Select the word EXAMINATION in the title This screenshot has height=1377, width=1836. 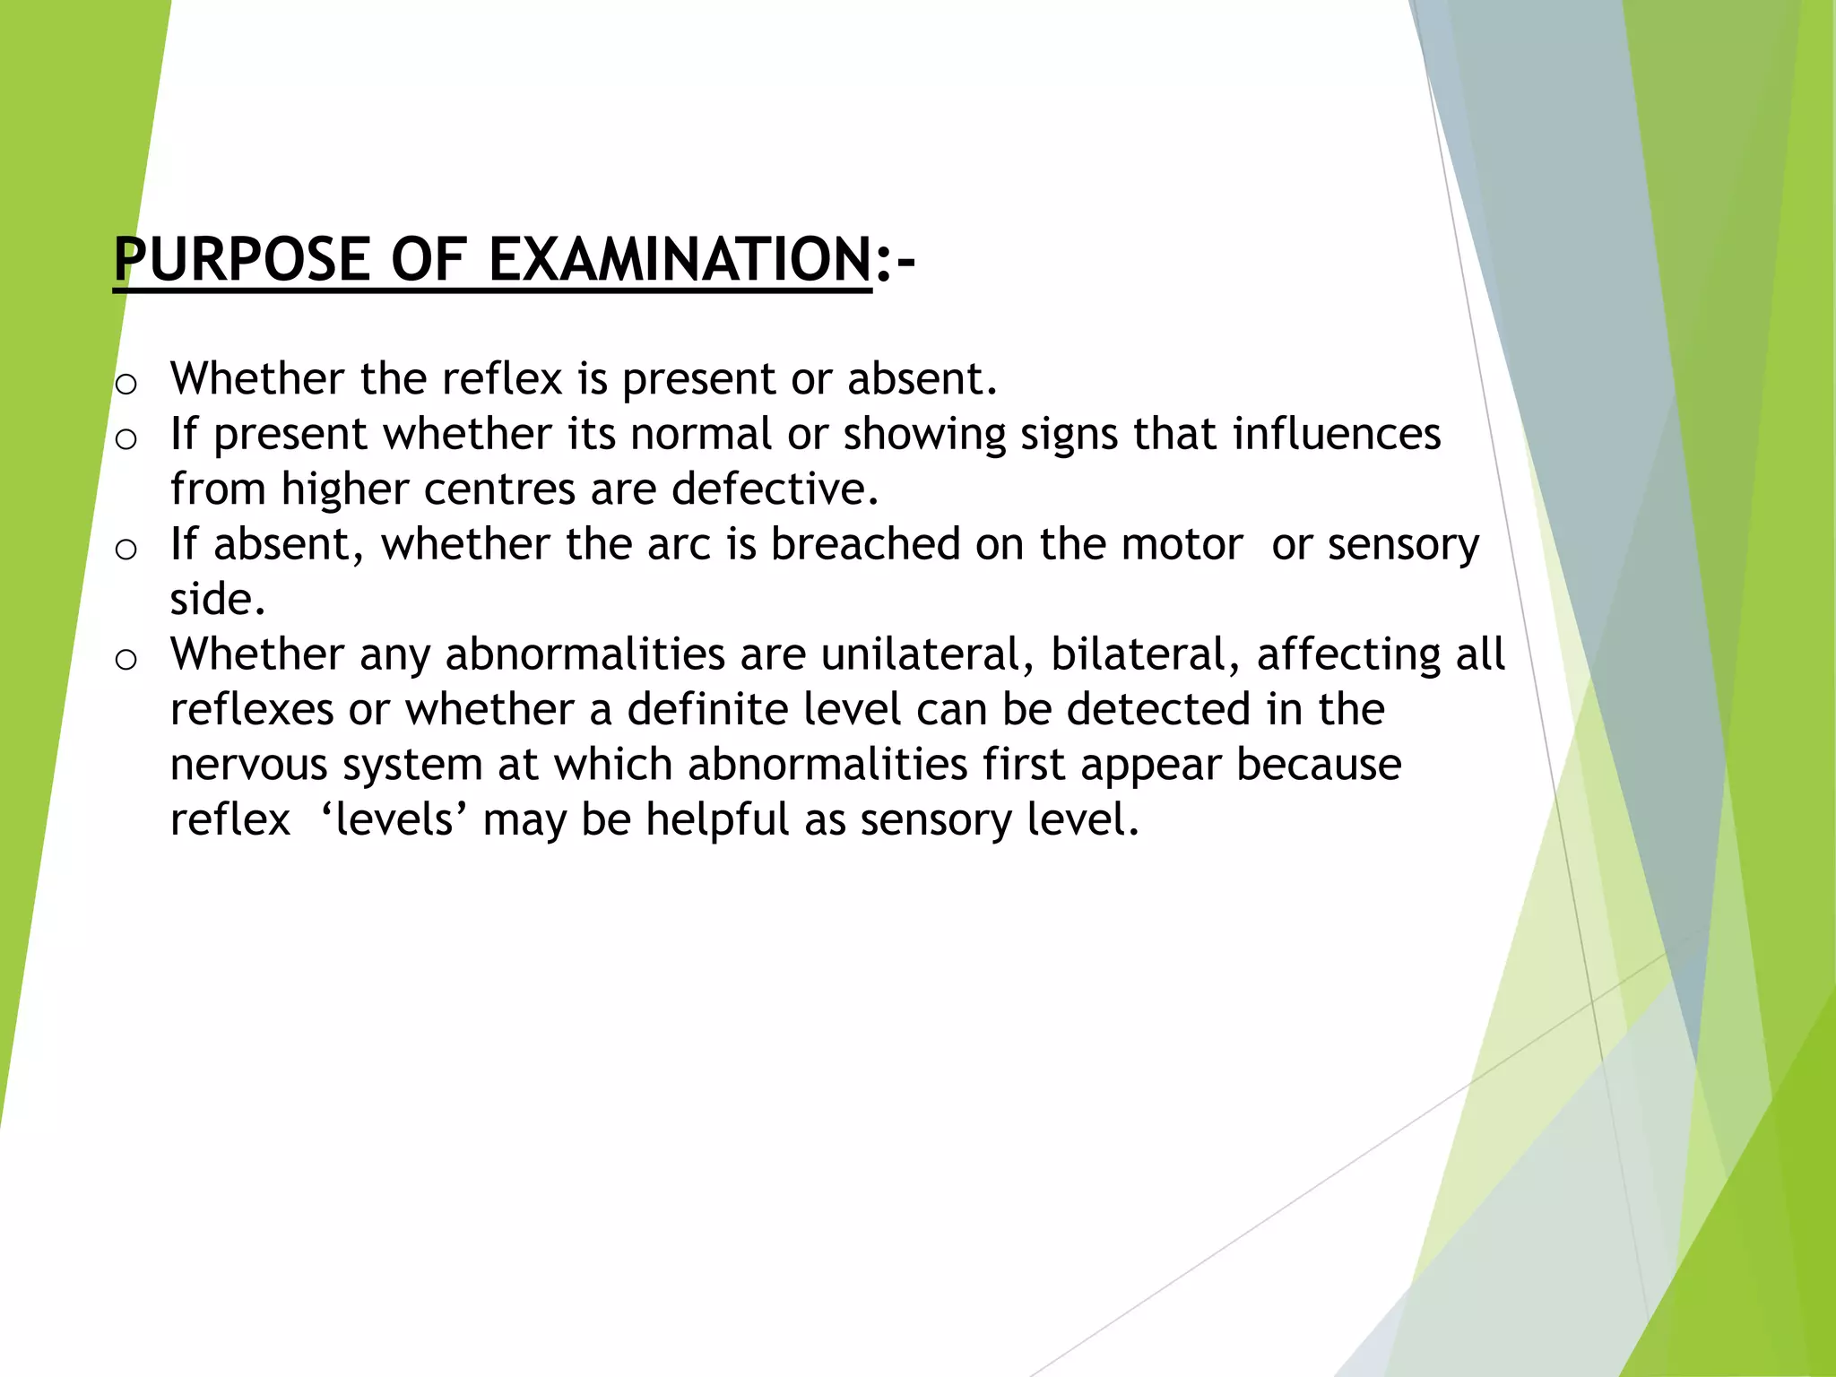[x=680, y=260]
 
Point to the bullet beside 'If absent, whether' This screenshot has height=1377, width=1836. [x=126, y=549]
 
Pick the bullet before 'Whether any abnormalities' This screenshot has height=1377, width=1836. [x=126, y=660]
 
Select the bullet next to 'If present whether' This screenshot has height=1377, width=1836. [x=126, y=439]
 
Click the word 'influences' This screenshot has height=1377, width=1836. [x=1336, y=434]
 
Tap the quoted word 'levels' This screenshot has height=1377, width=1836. [x=394, y=819]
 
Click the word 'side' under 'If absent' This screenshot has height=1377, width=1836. [x=215, y=599]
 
